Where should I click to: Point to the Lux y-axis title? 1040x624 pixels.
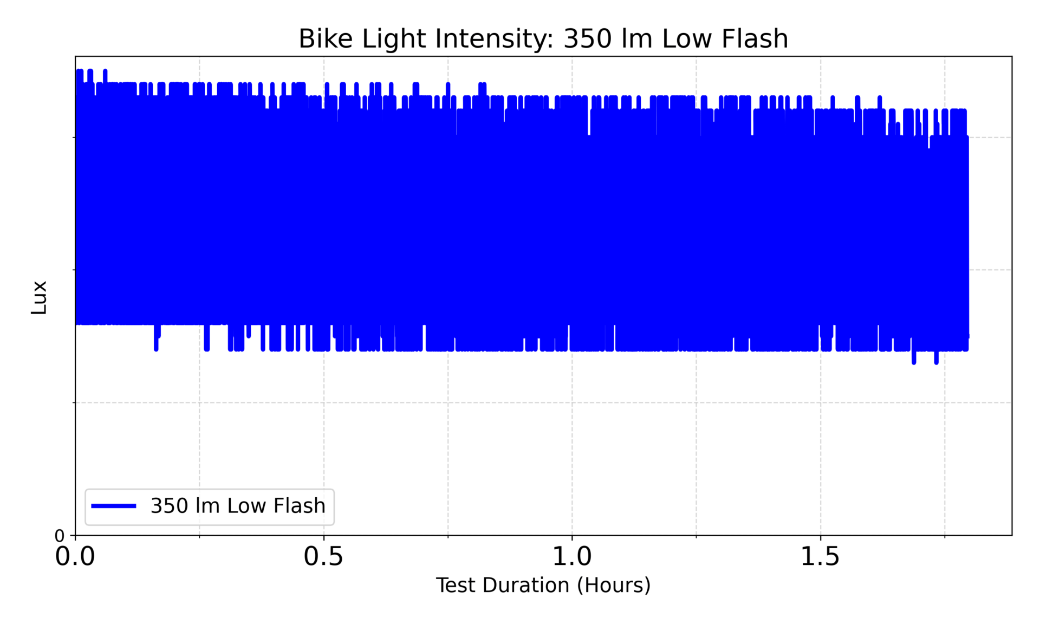[x=39, y=297]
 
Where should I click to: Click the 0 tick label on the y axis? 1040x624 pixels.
[x=60, y=536]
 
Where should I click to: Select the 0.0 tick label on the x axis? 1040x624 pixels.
[x=75, y=557]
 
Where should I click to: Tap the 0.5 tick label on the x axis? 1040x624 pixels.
[x=323, y=557]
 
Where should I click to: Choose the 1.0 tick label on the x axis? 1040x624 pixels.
[x=572, y=557]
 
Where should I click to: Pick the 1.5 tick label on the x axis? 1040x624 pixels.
[x=820, y=557]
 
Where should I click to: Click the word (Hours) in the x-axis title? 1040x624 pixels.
[x=614, y=586]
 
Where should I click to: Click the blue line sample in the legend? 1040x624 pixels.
[x=114, y=506]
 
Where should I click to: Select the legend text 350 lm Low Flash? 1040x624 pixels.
[x=238, y=506]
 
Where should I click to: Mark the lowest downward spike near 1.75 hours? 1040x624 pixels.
[x=936, y=361]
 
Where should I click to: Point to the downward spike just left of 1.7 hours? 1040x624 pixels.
[x=914, y=361]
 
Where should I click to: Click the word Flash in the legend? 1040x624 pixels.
[x=300, y=506]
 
